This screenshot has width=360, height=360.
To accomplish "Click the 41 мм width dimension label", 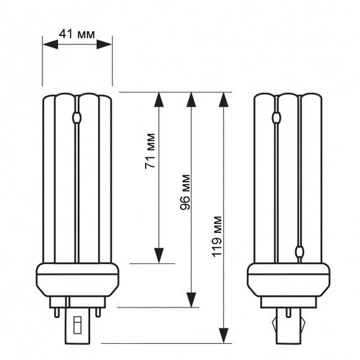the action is (77, 34).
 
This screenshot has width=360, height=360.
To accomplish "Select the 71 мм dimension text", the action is (150, 151).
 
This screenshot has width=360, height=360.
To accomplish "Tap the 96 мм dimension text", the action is (185, 192).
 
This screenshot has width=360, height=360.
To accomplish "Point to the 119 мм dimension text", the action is (217, 236).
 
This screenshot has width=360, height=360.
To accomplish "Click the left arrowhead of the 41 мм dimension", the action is (50, 44).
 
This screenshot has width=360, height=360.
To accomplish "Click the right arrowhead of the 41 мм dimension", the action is (104, 44).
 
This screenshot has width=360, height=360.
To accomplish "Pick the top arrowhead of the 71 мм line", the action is (159, 100).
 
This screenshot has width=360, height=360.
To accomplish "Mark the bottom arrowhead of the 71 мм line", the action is (159, 256).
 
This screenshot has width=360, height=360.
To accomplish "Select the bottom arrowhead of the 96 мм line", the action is (191, 300).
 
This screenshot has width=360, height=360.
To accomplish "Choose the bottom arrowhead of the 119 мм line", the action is (224, 336).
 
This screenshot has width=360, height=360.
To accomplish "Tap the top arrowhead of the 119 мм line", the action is (224, 100).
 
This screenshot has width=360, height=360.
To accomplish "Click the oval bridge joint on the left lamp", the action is (76, 118).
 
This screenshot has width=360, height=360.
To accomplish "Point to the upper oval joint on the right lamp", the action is (276, 118).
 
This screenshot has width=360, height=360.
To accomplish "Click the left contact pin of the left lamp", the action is (57, 313).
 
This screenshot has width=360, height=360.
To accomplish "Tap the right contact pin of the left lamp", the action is (98, 313).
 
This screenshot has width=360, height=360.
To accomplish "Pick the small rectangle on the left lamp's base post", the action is (77, 325).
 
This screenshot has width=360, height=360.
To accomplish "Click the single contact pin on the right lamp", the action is (288, 313).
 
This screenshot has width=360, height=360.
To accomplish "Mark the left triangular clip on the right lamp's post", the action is (274, 324).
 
